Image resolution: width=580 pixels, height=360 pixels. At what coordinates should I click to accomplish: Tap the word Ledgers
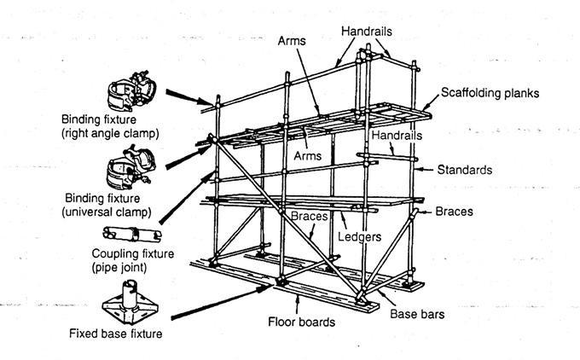coord(360,236)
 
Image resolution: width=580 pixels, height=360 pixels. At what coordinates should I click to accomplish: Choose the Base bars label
coord(419,314)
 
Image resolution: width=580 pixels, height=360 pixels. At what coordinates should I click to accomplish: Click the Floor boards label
coord(301,322)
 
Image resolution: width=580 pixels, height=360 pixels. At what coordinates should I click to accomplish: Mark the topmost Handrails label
coord(367,31)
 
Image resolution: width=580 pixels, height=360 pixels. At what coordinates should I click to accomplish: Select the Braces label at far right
coord(456,211)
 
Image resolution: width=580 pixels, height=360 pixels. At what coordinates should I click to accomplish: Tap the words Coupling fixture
coord(132,253)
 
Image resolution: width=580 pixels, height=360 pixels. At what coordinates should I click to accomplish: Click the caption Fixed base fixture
coord(115,334)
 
